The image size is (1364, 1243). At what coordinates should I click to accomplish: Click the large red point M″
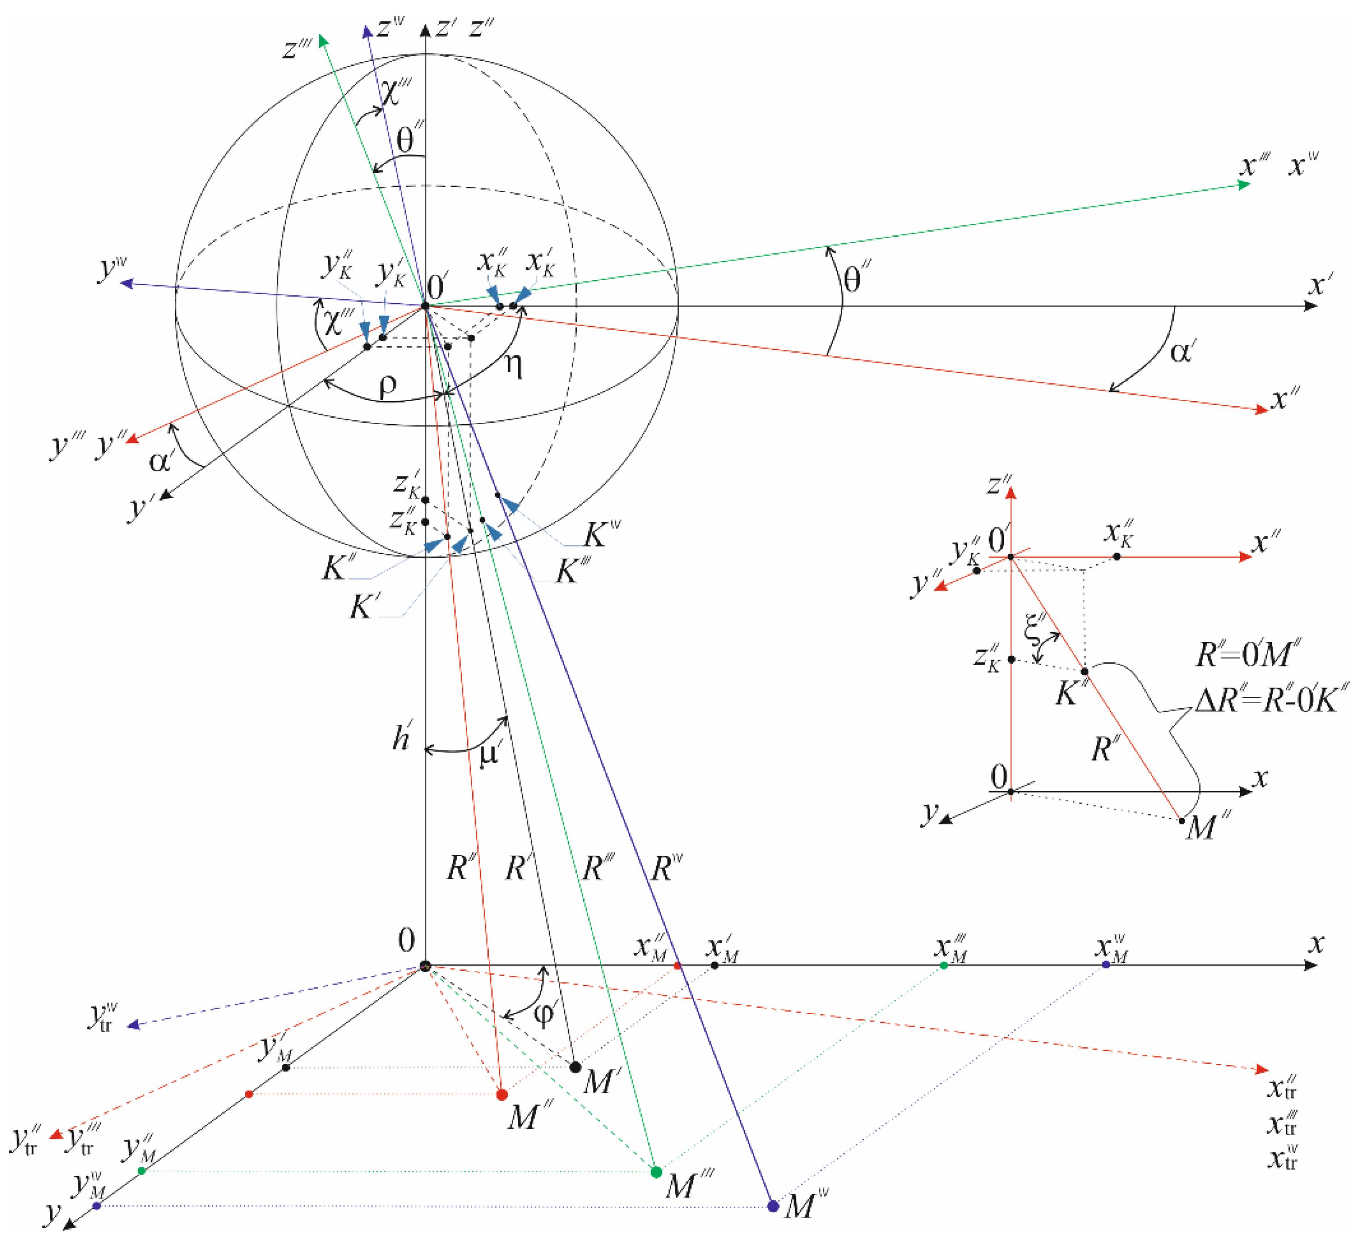(501, 1094)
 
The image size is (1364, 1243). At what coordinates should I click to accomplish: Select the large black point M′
(575, 1067)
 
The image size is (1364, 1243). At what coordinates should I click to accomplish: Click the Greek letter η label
(514, 365)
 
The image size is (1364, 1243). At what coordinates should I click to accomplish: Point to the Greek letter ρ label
(387, 385)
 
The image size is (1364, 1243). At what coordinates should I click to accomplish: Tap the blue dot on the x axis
(1106, 964)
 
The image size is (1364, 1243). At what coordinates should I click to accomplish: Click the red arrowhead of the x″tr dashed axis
(1261, 1069)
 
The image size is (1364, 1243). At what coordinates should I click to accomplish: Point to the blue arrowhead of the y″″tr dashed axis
(133, 1025)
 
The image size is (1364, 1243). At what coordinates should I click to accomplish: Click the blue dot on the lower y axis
(97, 1206)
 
